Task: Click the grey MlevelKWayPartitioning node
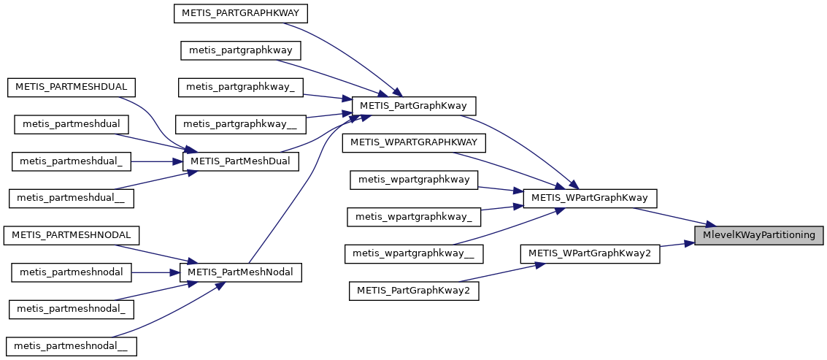(x=759, y=235)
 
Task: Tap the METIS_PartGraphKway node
(x=414, y=106)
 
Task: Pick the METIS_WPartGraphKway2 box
(x=590, y=253)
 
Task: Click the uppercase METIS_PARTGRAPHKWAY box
(x=241, y=12)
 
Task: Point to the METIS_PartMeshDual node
(x=240, y=161)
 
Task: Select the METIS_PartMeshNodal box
(x=240, y=272)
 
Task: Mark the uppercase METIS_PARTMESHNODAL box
(x=72, y=235)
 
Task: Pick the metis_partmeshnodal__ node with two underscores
(x=71, y=346)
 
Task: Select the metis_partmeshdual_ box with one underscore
(x=71, y=161)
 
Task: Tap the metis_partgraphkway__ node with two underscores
(x=241, y=124)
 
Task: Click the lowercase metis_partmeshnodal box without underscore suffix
(x=71, y=272)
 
